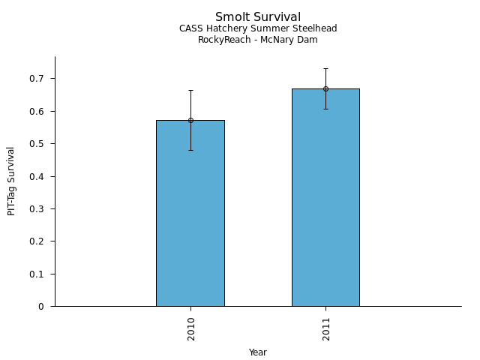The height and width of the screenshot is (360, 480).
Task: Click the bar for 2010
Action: [190, 217]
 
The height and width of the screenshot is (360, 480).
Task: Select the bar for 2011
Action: [325, 202]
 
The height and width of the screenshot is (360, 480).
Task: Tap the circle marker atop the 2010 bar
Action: [190, 120]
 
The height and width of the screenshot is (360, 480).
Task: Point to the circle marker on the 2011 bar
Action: [325, 88]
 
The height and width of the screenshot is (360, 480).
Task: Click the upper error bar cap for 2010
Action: [190, 90]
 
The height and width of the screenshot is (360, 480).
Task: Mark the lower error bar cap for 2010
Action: [190, 150]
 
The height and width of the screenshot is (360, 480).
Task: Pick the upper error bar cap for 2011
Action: [325, 68]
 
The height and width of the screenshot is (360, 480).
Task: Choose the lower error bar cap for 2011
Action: [325, 109]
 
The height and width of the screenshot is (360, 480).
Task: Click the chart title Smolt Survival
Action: [258, 17]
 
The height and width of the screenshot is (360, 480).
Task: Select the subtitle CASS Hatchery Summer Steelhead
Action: [258, 28]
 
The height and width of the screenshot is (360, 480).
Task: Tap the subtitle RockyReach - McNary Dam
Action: [258, 40]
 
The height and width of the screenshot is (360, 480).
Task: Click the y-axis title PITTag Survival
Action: [11, 181]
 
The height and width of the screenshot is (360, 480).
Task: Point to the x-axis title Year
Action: [258, 352]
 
